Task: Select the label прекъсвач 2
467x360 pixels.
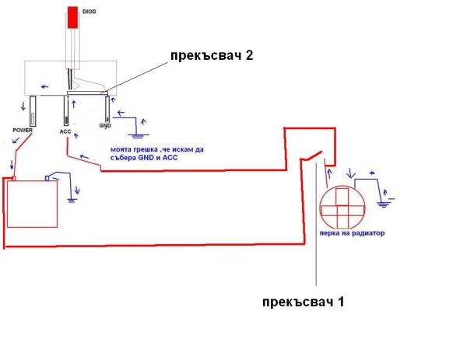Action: [212, 55]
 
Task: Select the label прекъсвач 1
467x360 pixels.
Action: [303, 302]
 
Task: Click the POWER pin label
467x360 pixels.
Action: [23, 130]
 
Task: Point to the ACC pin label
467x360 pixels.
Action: [65, 131]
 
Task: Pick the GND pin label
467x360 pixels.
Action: [105, 125]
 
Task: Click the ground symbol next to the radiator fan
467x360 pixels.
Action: [382, 201]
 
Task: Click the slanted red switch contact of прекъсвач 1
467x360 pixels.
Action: [312, 159]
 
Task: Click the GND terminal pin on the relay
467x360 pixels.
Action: [105, 109]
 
